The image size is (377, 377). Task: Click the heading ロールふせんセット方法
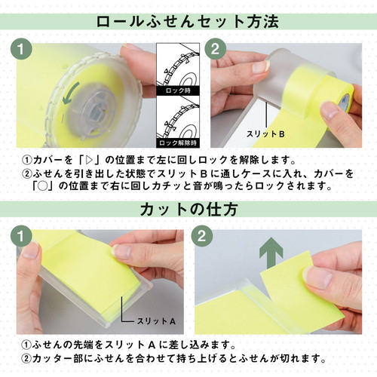[x=187, y=22]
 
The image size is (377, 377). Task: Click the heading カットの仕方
[x=188, y=209]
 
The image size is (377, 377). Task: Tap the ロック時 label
[x=178, y=90]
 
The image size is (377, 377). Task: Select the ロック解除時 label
[x=178, y=143]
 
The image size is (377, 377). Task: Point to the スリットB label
[x=265, y=134]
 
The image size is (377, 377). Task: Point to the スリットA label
[x=156, y=321]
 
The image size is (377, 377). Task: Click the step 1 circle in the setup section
[x=21, y=49]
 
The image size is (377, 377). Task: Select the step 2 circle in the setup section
[x=215, y=49]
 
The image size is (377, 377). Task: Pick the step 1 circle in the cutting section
[x=21, y=236]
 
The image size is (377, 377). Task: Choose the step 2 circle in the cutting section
[x=202, y=236]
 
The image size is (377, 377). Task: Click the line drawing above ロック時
[x=178, y=66]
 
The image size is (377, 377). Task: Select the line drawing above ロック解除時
[x=178, y=118]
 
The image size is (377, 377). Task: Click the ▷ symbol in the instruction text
[x=88, y=160]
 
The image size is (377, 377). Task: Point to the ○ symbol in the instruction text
[x=43, y=186]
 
